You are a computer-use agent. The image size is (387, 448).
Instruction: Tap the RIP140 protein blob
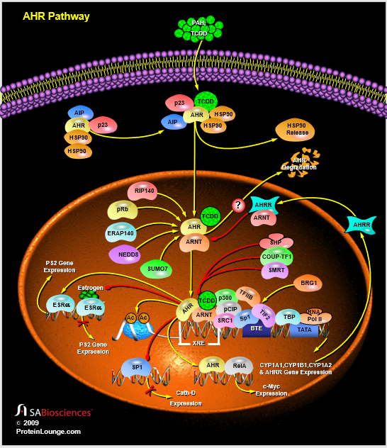click(x=142, y=191)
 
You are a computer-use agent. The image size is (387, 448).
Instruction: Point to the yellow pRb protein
click(x=122, y=211)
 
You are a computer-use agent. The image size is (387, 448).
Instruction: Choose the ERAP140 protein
click(x=120, y=233)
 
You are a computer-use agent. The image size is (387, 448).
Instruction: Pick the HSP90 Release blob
click(x=296, y=130)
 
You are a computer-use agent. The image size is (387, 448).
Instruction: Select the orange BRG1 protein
click(x=309, y=283)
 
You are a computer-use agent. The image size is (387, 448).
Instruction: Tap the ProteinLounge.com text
click(x=49, y=431)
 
